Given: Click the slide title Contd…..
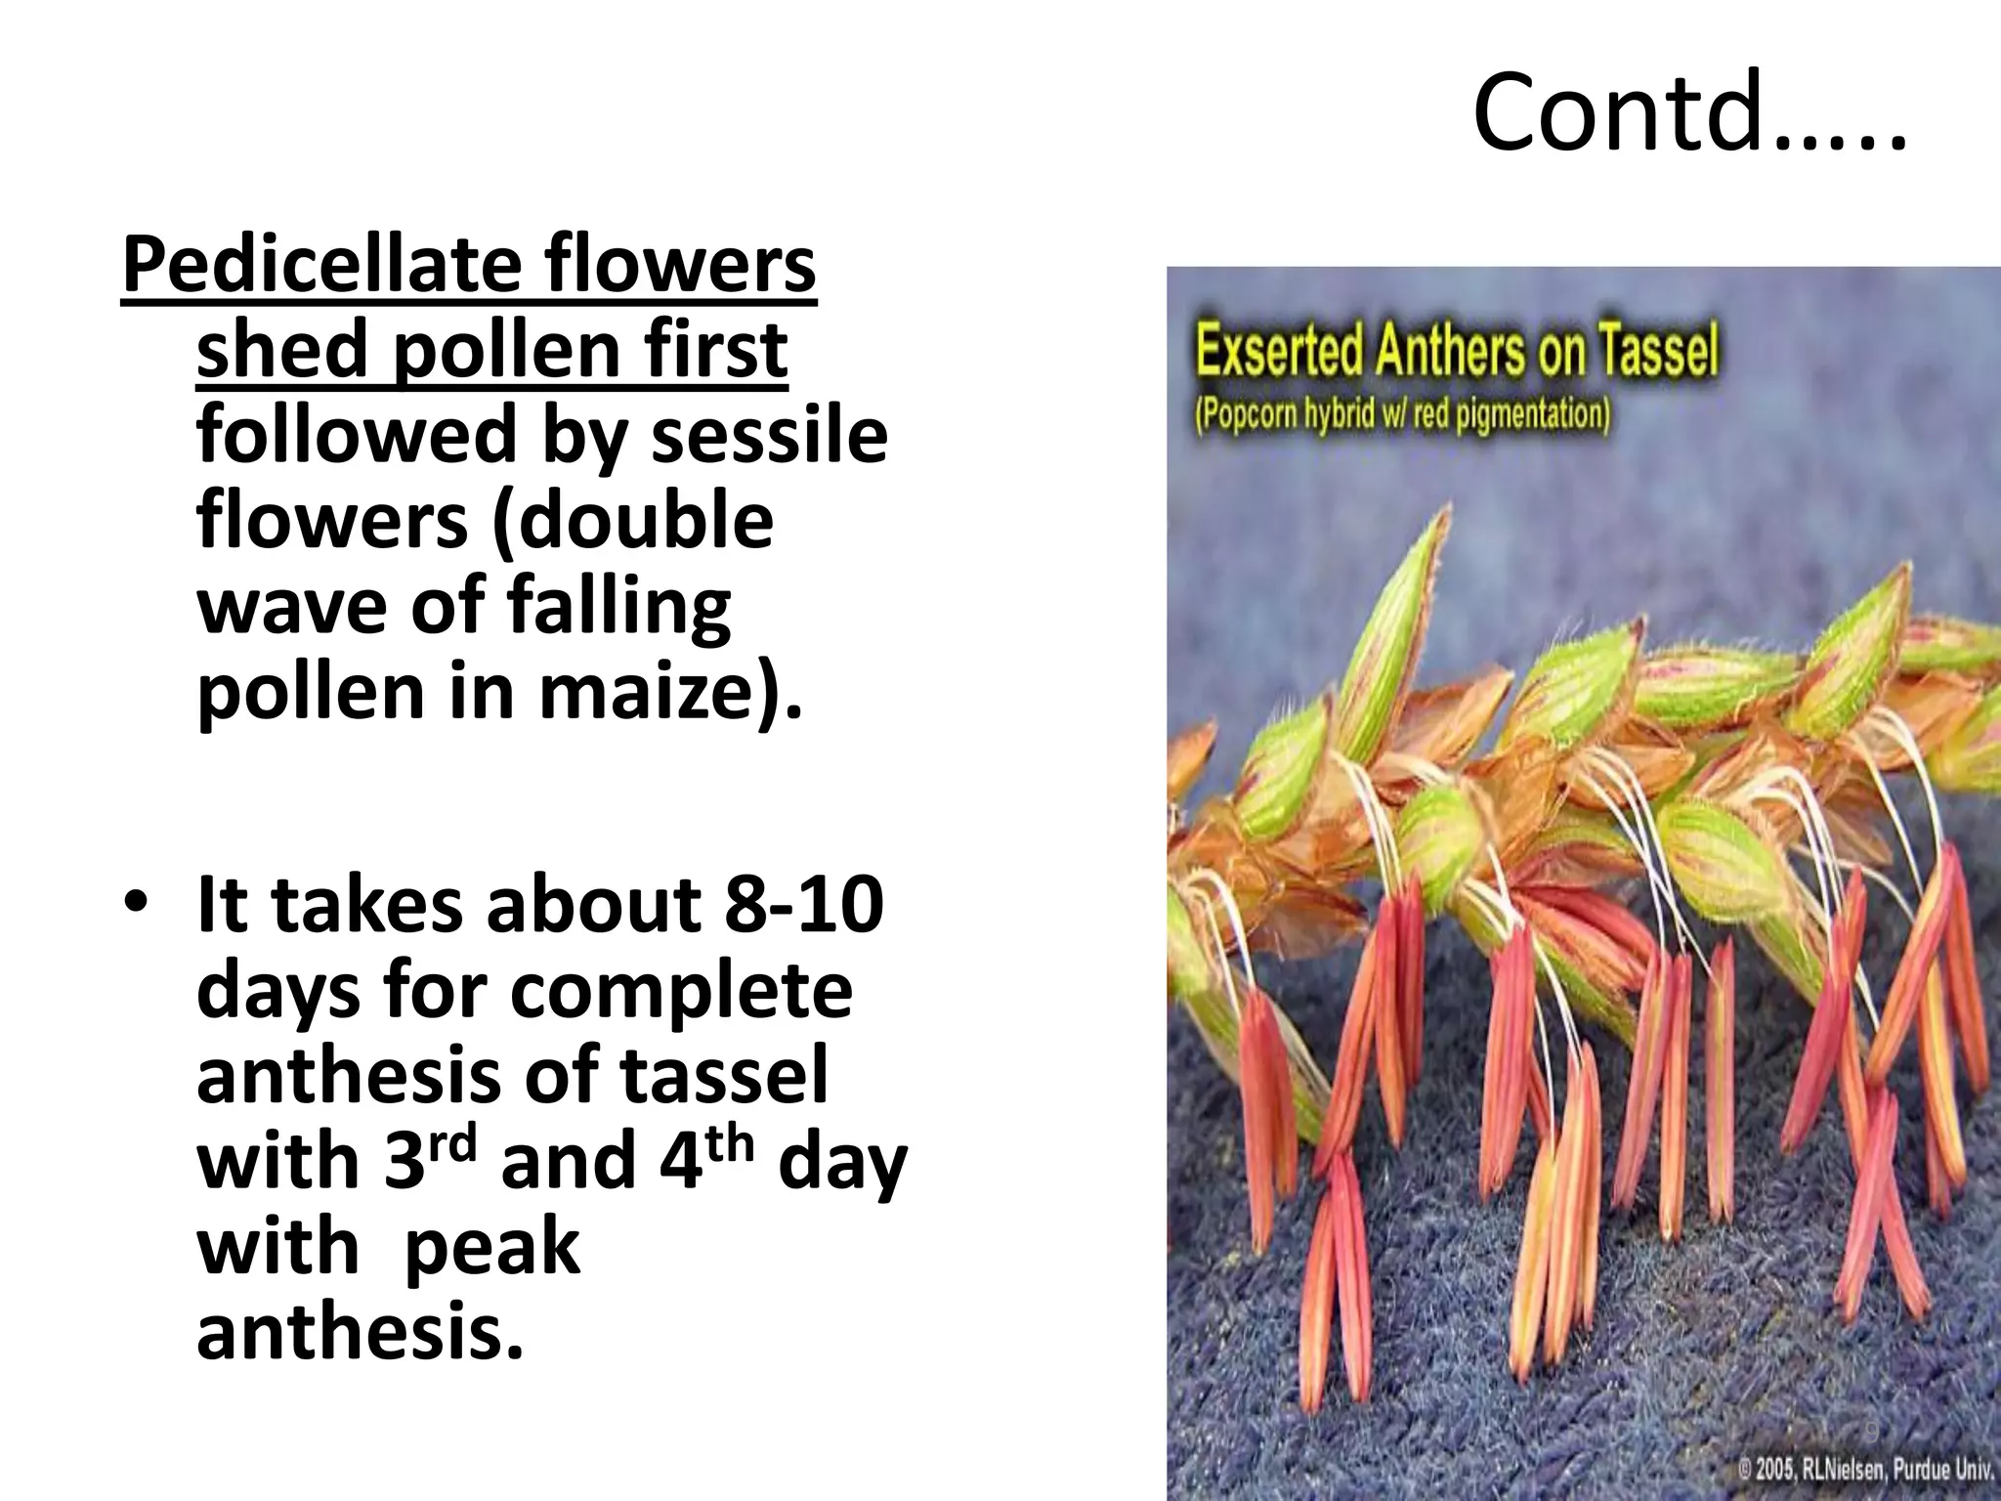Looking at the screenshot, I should (x=1688, y=112).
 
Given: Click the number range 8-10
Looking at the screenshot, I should (x=803, y=904).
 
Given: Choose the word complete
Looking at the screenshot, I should (x=681, y=990).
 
